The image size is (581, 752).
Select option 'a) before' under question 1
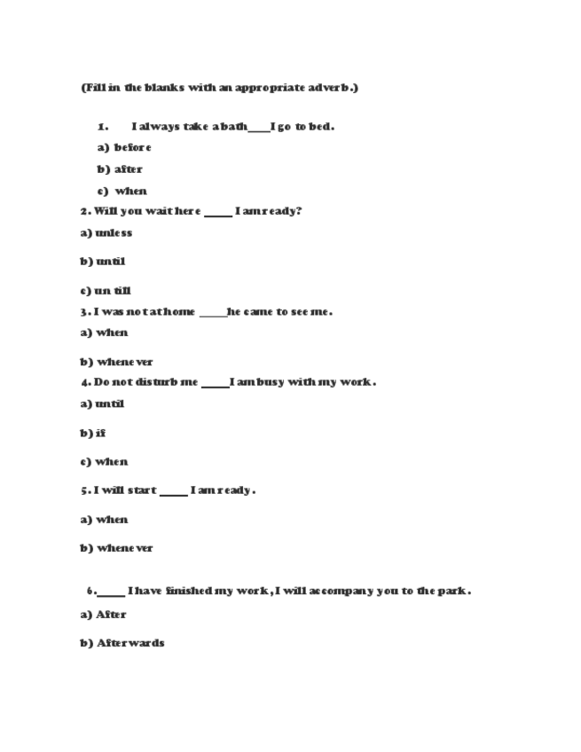(x=124, y=147)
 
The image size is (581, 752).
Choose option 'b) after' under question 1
(x=120, y=169)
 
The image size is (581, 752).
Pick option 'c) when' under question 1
(x=122, y=191)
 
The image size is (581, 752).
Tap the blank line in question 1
(x=259, y=128)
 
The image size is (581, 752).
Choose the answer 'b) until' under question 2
(x=103, y=262)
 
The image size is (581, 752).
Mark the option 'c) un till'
(x=106, y=291)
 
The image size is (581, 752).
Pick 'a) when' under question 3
(x=104, y=333)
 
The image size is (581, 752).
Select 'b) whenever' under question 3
(x=116, y=362)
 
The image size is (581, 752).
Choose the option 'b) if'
(x=92, y=434)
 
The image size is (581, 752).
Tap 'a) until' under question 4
(x=102, y=404)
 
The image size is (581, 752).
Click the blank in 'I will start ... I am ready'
(x=174, y=491)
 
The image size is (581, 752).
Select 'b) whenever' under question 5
(x=116, y=548)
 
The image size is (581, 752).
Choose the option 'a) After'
(x=103, y=615)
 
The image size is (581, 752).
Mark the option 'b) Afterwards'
(x=122, y=643)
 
